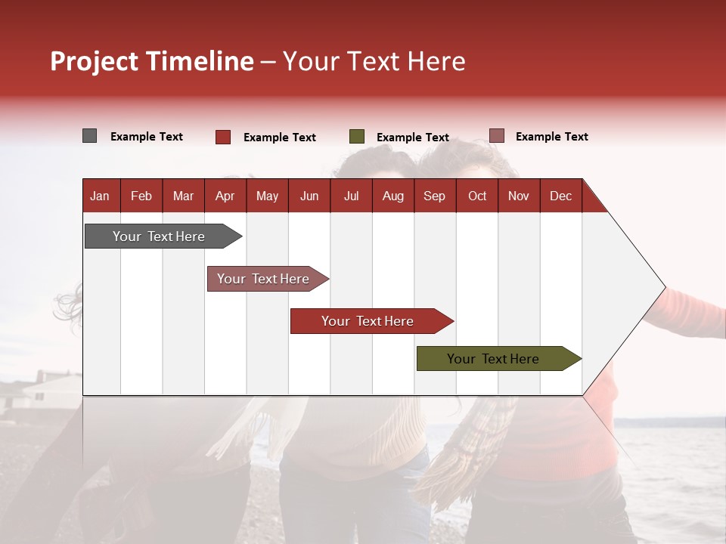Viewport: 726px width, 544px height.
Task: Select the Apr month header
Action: (x=225, y=196)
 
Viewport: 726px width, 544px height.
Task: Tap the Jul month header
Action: (x=352, y=196)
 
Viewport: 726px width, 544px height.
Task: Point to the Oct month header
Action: (x=477, y=196)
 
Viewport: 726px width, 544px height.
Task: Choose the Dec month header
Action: (x=561, y=196)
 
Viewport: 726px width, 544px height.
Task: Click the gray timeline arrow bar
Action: (x=163, y=236)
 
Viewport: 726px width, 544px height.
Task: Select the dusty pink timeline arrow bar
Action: (x=268, y=279)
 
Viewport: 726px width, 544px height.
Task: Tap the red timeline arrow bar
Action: (x=372, y=321)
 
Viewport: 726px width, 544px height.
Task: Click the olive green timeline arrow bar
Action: (x=499, y=358)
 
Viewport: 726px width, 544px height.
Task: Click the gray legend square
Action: (x=89, y=135)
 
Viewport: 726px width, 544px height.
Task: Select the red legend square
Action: (x=223, y=137)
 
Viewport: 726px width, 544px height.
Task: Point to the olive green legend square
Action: (x=356, y=137)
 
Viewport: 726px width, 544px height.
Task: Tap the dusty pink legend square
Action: (x=497, y=135)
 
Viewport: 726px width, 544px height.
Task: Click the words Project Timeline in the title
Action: (x=152, y=61)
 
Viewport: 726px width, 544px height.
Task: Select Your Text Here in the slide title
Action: (x=374, y=61)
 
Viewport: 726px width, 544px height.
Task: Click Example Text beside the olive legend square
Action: (x=413, y=138)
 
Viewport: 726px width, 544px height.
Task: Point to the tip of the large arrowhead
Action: (x=665, y=288)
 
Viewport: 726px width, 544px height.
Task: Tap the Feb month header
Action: (x=141, y=196)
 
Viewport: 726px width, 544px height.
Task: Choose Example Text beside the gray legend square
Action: (x=146, y=137)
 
